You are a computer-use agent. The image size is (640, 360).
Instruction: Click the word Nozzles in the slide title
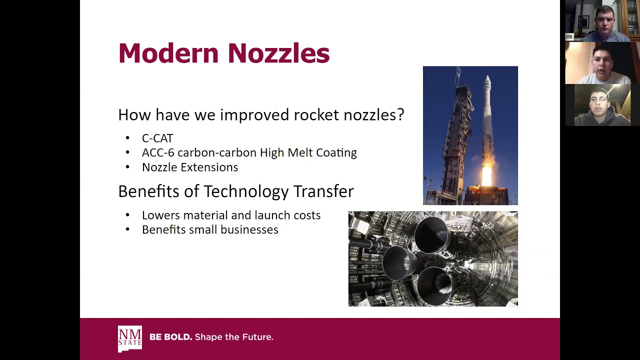(278, 53)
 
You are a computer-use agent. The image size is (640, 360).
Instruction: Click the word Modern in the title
(168, 53)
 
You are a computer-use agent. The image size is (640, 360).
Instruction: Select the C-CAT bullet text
(157, 138)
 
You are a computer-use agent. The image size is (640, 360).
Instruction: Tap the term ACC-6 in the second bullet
(158, 153)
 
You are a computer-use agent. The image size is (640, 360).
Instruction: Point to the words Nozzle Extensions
(190, 167)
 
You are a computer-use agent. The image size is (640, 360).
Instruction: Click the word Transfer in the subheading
(323, 191)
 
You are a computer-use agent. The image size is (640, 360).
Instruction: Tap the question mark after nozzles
(400, 115)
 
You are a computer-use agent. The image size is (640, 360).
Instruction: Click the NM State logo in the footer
(129, 338)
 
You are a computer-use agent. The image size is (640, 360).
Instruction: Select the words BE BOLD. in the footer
(170, 337)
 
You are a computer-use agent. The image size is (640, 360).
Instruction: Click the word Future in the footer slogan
(256, 337)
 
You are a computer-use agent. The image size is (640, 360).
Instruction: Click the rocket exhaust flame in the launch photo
(486, 175)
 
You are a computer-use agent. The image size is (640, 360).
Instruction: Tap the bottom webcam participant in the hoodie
(601, 106)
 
